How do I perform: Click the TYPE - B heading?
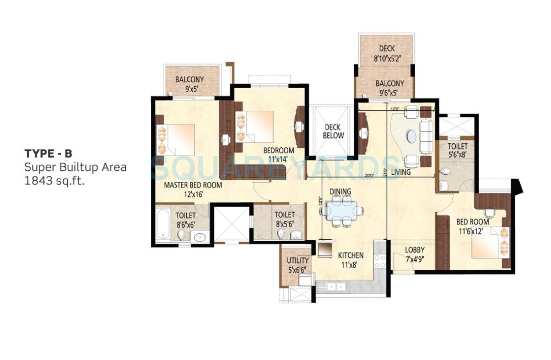(48, 154)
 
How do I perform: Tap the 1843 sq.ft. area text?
(55, 180)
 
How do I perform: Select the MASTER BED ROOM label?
(193, 189)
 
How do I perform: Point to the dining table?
(342, 210)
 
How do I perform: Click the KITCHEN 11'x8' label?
(350, 260)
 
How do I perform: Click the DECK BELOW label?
(333, 132)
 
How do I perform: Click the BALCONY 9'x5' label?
(190, 84)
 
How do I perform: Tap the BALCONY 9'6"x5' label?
(390, 88)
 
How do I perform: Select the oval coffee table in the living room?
(410, 136)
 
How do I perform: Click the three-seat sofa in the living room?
(426, 136)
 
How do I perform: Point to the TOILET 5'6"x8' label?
(457, 151)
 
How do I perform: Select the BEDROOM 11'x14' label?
(278, 154)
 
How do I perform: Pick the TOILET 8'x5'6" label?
(284, 219)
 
